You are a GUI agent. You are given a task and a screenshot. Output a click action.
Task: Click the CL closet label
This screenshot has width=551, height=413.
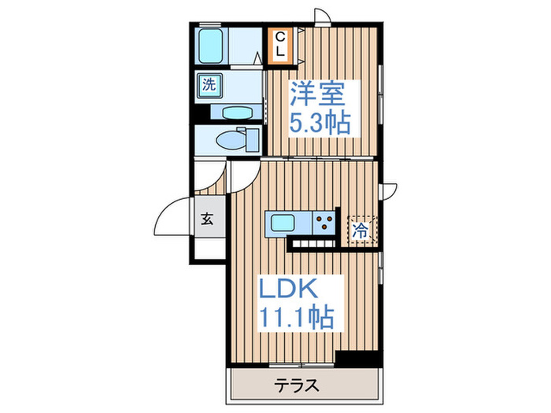(x=280, y=46)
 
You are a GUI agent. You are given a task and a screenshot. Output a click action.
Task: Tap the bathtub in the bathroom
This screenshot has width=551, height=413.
(x=210, y=46)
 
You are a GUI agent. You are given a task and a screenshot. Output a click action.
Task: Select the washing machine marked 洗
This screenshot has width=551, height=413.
(x=209, y=85)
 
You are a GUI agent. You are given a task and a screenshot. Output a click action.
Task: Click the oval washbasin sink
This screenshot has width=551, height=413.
(x=238, y=113)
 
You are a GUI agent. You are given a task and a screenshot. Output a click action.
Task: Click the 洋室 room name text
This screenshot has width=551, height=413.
(x=316, y=94)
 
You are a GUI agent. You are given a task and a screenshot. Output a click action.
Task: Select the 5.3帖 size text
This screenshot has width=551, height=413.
(x=320, y=123)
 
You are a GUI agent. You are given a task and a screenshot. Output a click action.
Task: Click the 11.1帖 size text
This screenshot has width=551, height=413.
(x=296, y=317)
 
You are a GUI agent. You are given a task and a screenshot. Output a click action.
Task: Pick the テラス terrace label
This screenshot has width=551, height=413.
(x=298, y=385)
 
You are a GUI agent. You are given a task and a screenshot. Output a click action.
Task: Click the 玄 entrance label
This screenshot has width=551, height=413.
(x=207, y=219)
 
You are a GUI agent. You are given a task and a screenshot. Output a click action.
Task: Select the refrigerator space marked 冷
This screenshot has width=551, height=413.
(x=361, y=230)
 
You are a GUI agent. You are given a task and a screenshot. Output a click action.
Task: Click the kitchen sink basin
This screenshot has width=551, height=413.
(x=283, y=223)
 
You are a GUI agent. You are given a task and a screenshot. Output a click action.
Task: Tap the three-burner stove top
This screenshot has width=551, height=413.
(x=324, y=223)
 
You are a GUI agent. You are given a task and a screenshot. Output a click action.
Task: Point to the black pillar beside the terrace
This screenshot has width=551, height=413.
(x=357, y=359)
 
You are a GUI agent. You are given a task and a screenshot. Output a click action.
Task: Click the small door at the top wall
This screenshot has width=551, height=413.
(x=322, y=17)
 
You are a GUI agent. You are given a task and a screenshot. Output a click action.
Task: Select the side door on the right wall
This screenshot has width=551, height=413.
(x=387, y=192)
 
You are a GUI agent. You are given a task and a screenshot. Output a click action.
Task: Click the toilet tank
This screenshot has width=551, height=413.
(x=252, y=140)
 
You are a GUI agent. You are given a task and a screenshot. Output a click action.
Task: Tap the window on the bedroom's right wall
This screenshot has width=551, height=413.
(x=380, y=94)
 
